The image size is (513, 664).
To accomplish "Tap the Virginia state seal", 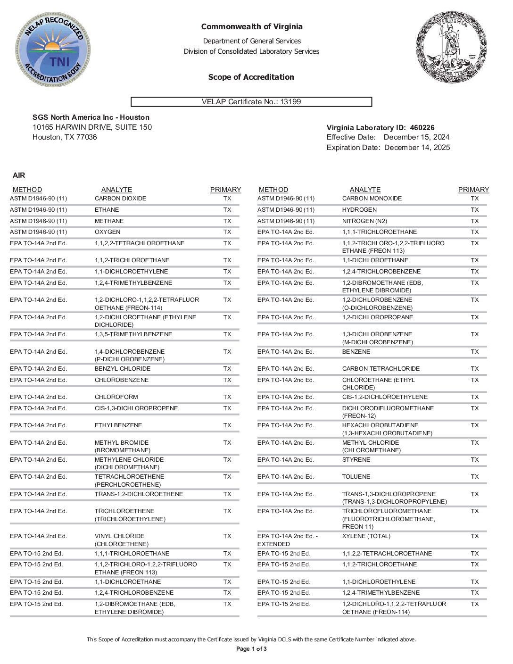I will [449, 47].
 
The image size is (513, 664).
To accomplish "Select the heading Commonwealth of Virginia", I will [252, 27].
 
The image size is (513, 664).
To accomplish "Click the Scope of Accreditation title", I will [251, 77].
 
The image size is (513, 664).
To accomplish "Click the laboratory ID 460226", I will [422, 128].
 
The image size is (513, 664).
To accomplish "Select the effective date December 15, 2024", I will [416, 137].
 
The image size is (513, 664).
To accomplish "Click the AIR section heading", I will [19, 175].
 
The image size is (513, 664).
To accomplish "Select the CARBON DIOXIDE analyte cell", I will [120, 199].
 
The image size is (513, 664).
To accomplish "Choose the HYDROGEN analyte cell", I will [359, 210].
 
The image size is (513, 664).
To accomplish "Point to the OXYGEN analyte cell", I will [108, 232].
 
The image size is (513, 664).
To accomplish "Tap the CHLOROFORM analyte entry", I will [116, 397].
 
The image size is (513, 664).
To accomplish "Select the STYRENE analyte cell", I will [356, 460].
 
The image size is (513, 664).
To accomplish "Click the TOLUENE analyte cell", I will [356, 477].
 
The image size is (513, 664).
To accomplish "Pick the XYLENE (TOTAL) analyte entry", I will [366, 536].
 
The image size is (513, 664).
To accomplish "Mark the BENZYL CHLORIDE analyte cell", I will [123, 369].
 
